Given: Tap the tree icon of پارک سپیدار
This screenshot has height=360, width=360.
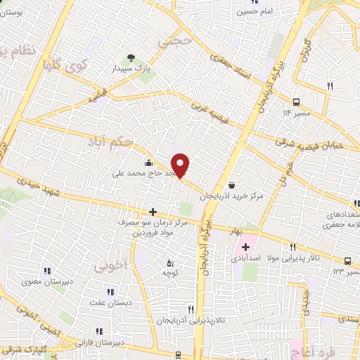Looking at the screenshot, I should point(130,58).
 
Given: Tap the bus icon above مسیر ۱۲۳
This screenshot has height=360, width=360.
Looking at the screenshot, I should point(348,259).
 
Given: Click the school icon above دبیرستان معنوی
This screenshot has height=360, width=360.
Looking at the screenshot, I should point(47,271).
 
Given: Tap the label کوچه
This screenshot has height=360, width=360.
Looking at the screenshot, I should point(169,272).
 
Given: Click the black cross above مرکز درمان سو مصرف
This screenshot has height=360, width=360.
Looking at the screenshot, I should point(153,211).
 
